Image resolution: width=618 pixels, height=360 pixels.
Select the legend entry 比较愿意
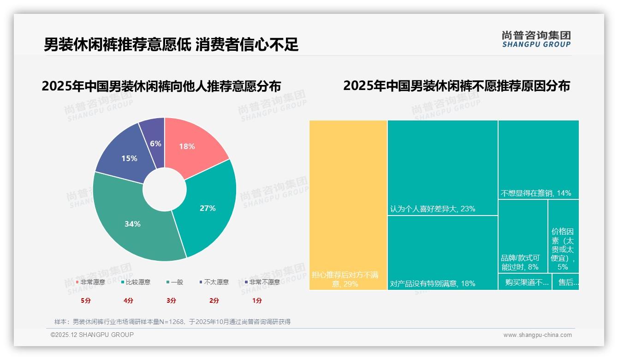[137, 282]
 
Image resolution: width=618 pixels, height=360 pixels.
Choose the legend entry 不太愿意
[216, 282]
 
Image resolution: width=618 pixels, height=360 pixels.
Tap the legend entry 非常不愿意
[264, 282]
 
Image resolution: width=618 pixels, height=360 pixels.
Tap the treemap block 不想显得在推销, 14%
[538, 159]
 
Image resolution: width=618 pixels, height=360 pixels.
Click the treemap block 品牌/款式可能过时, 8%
[523, 235]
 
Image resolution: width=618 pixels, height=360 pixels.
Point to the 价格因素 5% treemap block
[563, 235]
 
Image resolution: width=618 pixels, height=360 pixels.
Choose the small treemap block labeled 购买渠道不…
[525, 282]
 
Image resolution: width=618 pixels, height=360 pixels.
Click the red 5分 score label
[86, 300]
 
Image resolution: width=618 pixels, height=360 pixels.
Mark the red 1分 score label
[257, 300]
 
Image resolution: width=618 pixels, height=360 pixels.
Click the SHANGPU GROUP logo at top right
[536, 39]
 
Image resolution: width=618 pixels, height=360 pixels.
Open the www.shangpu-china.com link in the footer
[537, 335]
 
